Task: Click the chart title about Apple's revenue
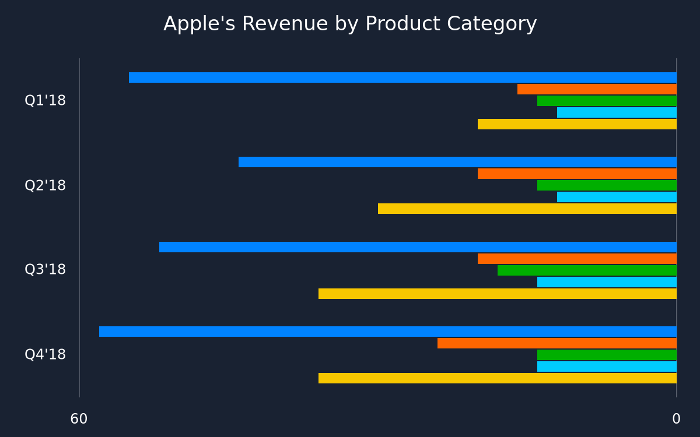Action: pyautogui.click(x=350, y=24)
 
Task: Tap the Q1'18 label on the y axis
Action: pyautogui.click(x=45, y=100)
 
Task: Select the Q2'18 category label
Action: pyautogui.click(x=45, y=185)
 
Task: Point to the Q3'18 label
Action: pyautogui.click(x=45, y=269)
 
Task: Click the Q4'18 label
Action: pyautogui.click(x=45, y=355)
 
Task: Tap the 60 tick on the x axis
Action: pyautogui.click(x=79, y=419)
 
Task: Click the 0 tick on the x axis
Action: pyautogui.click(x=676, y=419)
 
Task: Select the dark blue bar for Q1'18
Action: pyautogui.click(x=403, y=77)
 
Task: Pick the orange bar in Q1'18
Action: pyautogui.click(x=597, y=89)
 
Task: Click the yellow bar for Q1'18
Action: pyautogui.click(x=577, y=124)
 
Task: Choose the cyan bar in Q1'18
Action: pyautogui.click(x=617, y=112)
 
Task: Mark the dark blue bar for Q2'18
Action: pyautogui.click(x=458, y=162)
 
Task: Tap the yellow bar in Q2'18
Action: pyautogui.click(x=527, y=209)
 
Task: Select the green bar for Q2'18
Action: pyautogui.click(x=607, y=185)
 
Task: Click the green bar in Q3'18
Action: pyautogui.click(x=587, y=270)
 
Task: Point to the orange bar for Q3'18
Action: pyautogui.click(x=577, y=259)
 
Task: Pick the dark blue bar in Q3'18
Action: pyautogui.click(x=418, y=247)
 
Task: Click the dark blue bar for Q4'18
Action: pyautogui.click(x=388, y=332)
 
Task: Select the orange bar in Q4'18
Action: pyautogui.click(x=557, y=343)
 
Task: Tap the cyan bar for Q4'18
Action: pyautogui.click(x=607, y=366)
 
